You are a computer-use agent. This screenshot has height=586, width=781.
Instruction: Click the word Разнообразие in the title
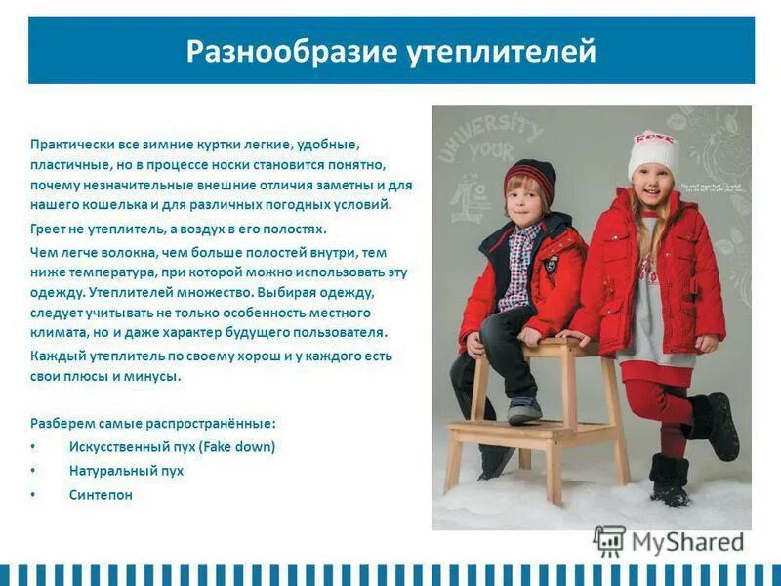[x=289, y=50]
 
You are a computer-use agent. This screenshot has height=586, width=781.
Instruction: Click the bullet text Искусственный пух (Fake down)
[x=172, y=446]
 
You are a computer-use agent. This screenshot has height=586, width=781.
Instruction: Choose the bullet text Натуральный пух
[x=126, y=471]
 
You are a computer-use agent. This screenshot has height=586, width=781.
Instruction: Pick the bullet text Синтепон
[x=101, y=495]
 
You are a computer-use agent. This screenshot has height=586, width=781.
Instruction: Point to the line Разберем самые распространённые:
[x=153, y=423]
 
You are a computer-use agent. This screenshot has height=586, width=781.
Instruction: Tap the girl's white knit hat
[x=652, y=151]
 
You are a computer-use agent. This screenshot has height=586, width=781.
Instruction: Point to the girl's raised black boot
[x=717, y=425]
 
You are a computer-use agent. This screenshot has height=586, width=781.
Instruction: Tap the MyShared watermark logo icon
[x=609, y=540]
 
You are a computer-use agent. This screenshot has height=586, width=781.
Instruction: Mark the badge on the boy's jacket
[x=549, y=264]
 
